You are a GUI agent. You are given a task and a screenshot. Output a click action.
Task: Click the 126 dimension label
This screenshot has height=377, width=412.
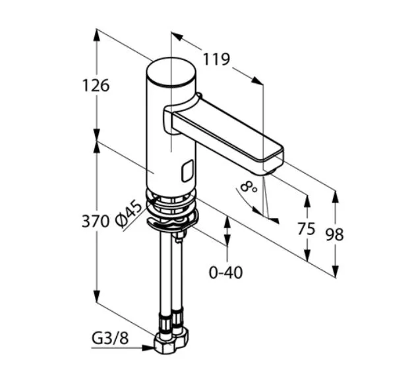[96, 86]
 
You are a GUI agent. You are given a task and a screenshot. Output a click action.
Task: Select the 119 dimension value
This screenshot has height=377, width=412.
[216, 59]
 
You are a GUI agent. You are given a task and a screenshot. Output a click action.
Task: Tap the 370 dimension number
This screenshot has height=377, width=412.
[96, 221]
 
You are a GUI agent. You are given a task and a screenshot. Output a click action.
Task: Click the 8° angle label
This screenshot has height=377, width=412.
[249, 186]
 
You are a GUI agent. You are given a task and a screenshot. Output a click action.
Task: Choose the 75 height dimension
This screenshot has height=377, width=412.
[307, 228]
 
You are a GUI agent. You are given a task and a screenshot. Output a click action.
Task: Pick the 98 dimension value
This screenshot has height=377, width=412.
[335, 234]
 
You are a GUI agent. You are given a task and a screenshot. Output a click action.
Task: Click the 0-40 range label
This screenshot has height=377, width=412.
[225, 272]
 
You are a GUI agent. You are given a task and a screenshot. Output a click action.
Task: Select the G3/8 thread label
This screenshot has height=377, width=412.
[110, 338]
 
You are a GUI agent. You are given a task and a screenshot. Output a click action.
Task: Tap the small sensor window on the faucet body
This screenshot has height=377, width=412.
[187, 171]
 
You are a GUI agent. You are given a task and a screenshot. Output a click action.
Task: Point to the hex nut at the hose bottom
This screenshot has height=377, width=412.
[171, 341]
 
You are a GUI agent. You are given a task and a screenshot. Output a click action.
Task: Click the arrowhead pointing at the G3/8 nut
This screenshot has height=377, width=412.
[148, 348]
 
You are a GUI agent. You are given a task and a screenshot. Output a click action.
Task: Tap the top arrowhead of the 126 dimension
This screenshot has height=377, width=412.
[97, 35]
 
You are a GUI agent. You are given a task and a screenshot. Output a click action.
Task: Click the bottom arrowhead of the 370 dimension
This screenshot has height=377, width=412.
[97, 296]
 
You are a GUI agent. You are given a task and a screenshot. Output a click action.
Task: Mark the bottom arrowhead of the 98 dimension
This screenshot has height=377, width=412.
[335, 271]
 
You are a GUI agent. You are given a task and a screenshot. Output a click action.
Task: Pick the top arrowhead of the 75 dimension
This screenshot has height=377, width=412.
[307, 201]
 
